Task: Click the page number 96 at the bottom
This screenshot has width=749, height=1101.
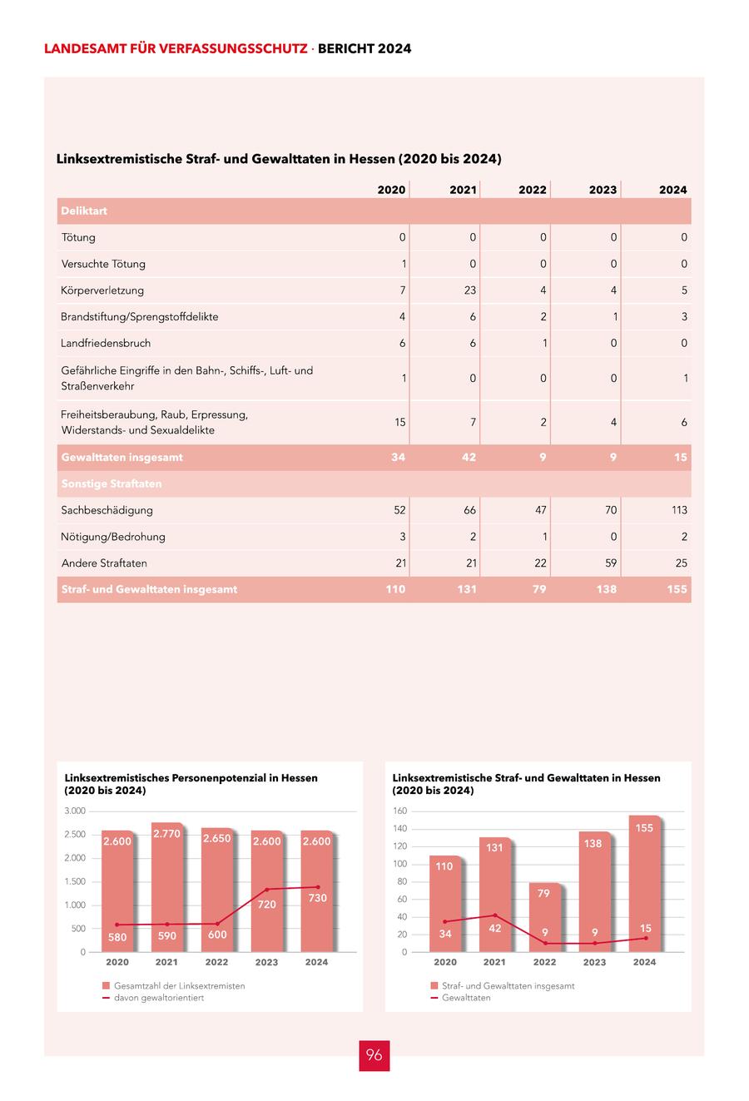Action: click(x=374, y=1055)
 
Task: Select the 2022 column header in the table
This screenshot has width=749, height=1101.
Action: click(x=533, y=190)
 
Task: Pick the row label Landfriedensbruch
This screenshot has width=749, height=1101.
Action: click(x=106, y=343)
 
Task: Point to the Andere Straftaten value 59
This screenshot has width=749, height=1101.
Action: click(x=611, y=563)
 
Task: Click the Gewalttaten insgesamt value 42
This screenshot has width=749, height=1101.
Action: click(x=469, y=457)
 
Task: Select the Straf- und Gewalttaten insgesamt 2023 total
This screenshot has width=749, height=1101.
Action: click(x=607, y=589)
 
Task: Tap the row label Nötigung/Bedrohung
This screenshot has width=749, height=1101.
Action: click(x=113, y=537)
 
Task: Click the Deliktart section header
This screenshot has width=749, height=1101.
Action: click(x=84, y=211)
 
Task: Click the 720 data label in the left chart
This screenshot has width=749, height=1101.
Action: click(x=266, y=904)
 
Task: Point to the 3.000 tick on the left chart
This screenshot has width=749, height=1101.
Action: click(x=75, y=811)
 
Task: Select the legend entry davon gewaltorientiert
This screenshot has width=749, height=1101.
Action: click(x=158, y=998)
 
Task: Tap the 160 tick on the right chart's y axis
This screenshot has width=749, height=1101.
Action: click(x=399, y=811)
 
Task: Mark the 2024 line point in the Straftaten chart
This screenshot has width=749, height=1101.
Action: click(x=646, y=938)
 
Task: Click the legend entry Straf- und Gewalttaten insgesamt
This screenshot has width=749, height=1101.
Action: click(x=508, y=985)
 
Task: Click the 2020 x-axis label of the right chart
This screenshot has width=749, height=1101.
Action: click(x=445, y=962)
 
